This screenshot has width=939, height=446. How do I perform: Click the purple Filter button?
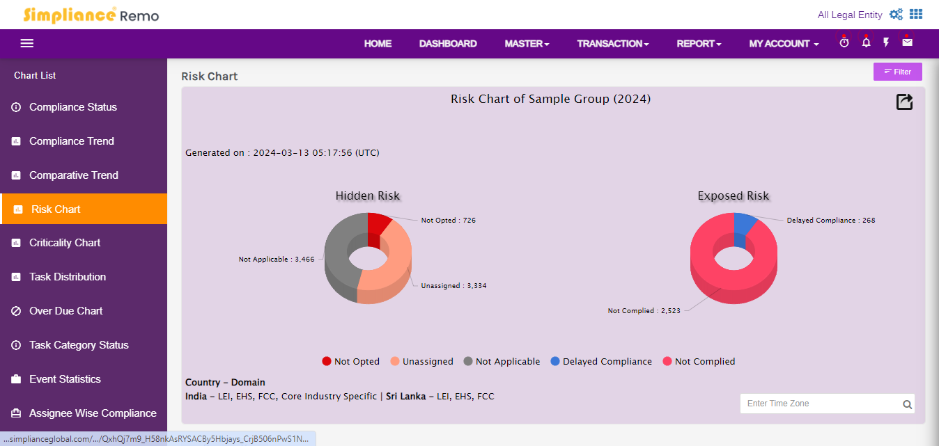(x=897, y=72)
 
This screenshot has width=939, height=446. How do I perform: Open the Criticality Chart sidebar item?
(x=65, y=243)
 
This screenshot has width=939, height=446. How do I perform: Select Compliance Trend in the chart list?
(x=71, y=141)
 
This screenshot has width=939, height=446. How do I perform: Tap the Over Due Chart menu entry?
(x=65, y=311)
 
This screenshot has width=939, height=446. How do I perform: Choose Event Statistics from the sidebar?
(x=65, y=379)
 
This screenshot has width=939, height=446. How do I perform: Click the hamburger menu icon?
(x=27, y=43)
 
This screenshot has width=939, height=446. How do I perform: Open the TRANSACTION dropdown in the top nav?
(x=612, y=43)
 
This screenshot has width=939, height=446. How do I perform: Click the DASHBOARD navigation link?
(x=448, y=43)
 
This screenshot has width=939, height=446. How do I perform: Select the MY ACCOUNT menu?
(x=784, y=43)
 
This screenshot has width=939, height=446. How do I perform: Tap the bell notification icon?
(x=866, y=42)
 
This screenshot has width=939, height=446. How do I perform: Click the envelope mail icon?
(x=907, y=42)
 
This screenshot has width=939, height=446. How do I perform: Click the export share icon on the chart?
(x=904, y=102)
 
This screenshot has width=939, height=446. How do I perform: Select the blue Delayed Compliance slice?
(x=745, y=223)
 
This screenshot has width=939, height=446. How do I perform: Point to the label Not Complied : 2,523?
(x=640, y=311)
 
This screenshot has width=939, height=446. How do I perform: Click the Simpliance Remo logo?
(x=91, y=15)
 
